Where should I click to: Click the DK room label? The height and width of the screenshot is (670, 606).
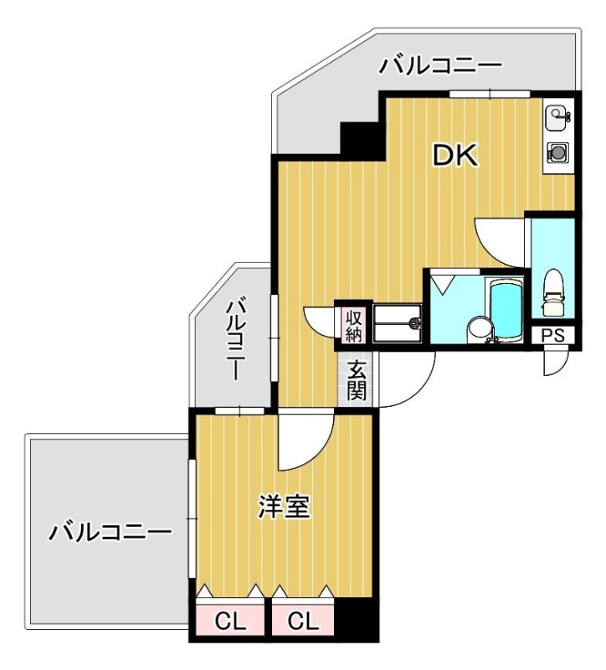(x=454, y=156)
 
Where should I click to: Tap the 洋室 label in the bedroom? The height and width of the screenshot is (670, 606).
(x=284, y=508)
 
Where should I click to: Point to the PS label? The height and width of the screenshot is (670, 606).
(x=552, y=337)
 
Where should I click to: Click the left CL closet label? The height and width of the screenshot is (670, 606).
(x=229, y=621)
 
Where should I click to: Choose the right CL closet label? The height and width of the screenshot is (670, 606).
(x=303, y=621)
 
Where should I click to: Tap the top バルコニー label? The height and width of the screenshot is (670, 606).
(x=439, y=64)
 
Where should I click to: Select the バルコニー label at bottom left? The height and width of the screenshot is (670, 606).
(x=109, y=531)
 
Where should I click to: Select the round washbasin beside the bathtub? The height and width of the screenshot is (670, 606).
(x=477, y=327)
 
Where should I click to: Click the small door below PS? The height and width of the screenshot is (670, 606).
(x=553, y=360)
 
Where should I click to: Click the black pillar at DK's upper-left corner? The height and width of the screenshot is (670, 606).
(x=360, y=137)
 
